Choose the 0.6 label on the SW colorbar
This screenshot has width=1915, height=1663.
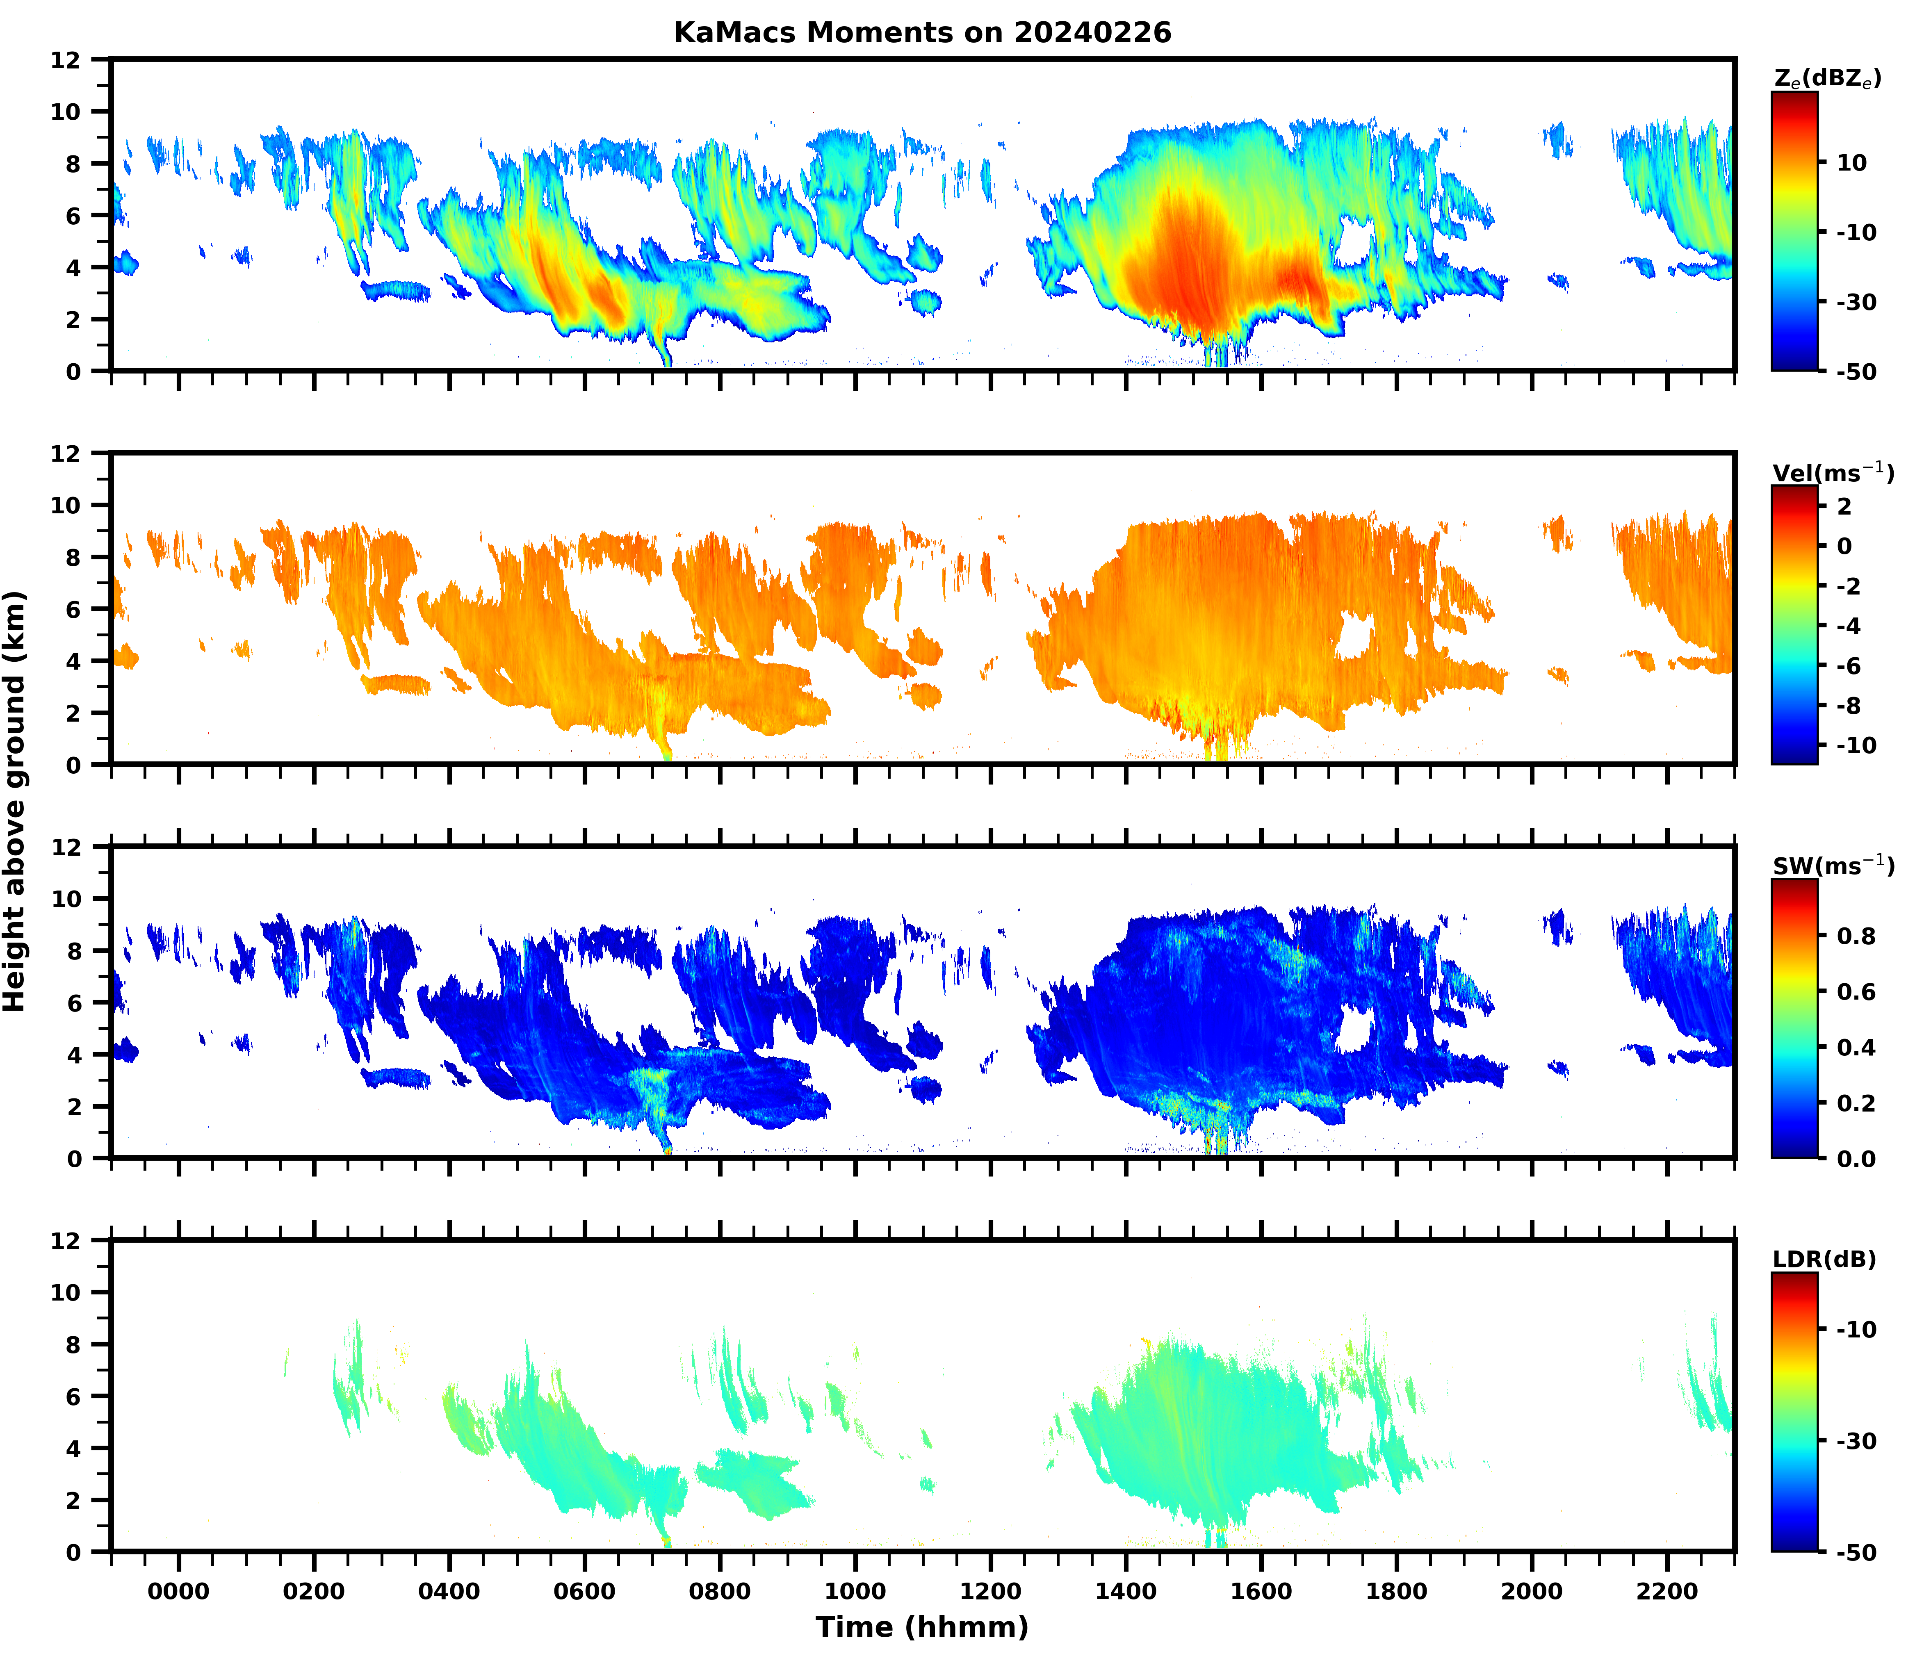1856,992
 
